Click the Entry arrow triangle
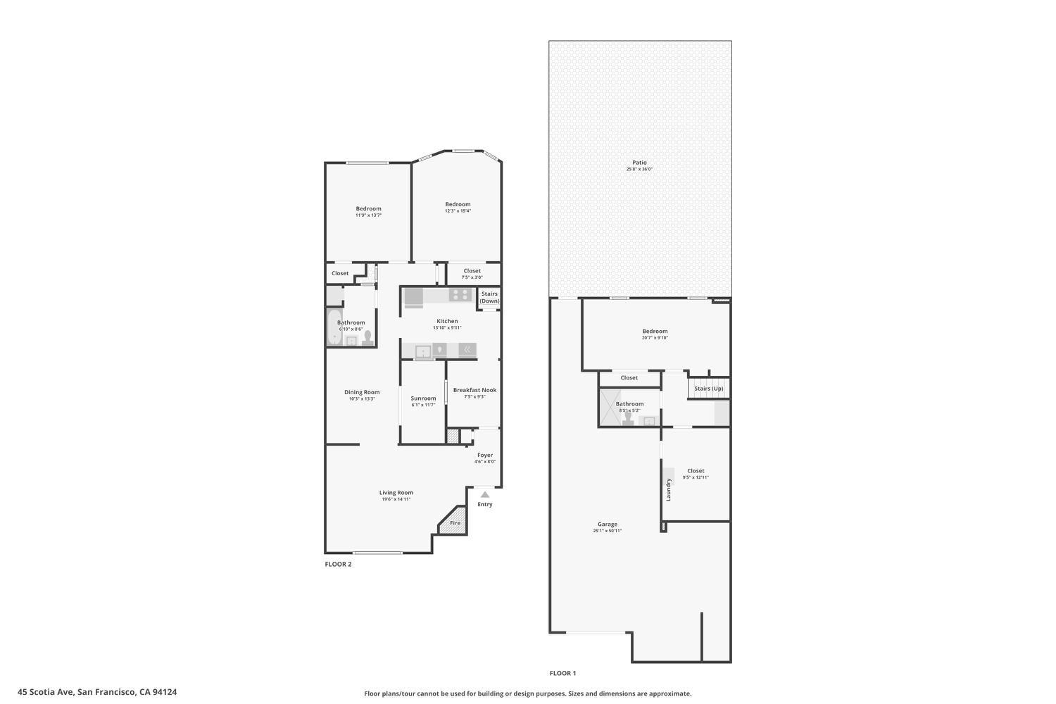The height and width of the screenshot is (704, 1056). (x=484, y=495)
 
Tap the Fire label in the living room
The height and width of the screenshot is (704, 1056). (x=455, y=523)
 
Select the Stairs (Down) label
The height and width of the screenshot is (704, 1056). (x=489, y=297)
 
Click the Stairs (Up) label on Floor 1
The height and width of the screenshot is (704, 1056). (x=708, y=389)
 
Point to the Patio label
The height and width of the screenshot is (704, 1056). (x=639, y=163)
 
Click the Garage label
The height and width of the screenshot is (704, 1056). (x=608, y=524)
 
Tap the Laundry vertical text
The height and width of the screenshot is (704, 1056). (x=669, y=489)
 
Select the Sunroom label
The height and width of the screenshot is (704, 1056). (x=423, y=398)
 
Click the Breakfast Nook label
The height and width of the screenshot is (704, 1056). (x=474, y=390)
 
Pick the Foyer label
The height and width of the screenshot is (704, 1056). (x=485, y=455)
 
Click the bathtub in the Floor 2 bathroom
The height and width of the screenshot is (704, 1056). (x=334, y=328)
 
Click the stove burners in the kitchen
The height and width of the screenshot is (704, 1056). (x=460, y=295)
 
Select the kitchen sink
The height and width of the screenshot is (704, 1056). (x=423, y=351)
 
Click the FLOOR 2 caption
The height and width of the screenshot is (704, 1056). (x=338, y=564)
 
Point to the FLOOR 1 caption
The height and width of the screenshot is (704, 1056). (x=562, y=673)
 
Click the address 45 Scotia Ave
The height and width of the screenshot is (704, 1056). (x=97, y=692)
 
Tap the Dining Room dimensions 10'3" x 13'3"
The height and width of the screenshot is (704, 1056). (x=362, y=399)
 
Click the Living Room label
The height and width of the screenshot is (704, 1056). (x=396, y=493)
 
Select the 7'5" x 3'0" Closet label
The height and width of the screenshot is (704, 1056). (x=472, y=273)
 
